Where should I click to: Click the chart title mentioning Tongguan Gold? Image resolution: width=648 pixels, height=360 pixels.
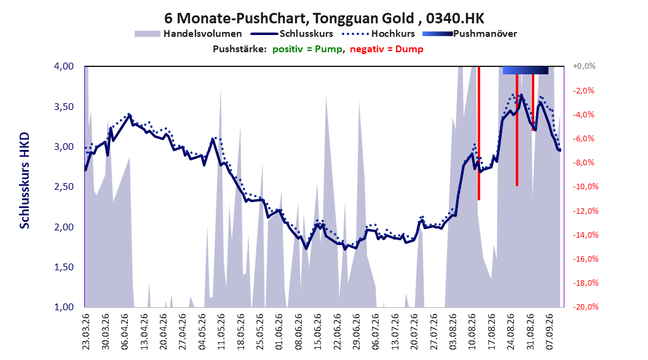[324, 18]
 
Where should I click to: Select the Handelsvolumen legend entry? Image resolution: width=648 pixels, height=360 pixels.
[188, 34]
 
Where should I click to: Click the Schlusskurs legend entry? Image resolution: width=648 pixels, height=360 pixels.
[292, 34]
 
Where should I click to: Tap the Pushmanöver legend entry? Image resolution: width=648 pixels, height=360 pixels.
[470, 34]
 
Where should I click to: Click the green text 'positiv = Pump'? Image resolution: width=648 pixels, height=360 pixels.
[307, 49]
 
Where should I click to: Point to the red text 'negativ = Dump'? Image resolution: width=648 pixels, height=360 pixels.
[387, 49]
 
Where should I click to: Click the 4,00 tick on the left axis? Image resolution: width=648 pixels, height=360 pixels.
[64, 66]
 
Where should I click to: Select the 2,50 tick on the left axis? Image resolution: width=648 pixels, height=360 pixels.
[64, 187]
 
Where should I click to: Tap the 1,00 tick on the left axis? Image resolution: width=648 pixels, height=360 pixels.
[64, 307]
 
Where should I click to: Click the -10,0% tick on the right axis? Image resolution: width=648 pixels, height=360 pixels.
[585, 187]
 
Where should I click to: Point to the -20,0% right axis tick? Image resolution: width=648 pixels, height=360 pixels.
[585, 307]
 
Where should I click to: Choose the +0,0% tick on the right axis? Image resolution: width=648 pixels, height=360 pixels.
[584, 66]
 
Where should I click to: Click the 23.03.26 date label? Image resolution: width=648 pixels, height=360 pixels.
[85, 332]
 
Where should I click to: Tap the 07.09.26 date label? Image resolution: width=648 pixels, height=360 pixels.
[550, 332]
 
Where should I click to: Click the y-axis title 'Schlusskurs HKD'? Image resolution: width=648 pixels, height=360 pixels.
[25, 181]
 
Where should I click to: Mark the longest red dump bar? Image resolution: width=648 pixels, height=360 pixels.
[479, 133]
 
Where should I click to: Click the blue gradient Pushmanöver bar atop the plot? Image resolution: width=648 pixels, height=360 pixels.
[525, 70]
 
